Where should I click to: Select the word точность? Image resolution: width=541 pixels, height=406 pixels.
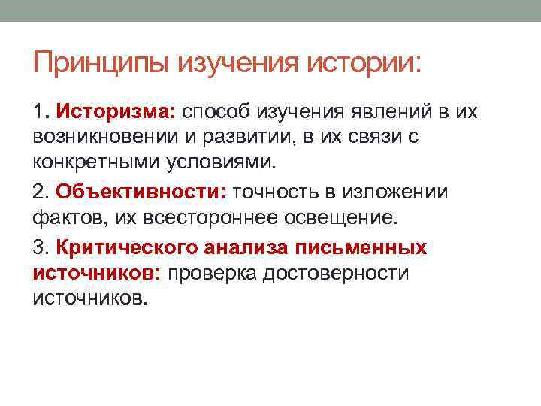pos(277,192)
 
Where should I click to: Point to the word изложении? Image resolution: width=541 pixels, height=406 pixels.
pos(395,192)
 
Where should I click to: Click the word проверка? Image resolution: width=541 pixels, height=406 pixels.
pos(212,272)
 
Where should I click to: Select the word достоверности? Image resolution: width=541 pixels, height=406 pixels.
pos(336,272)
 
